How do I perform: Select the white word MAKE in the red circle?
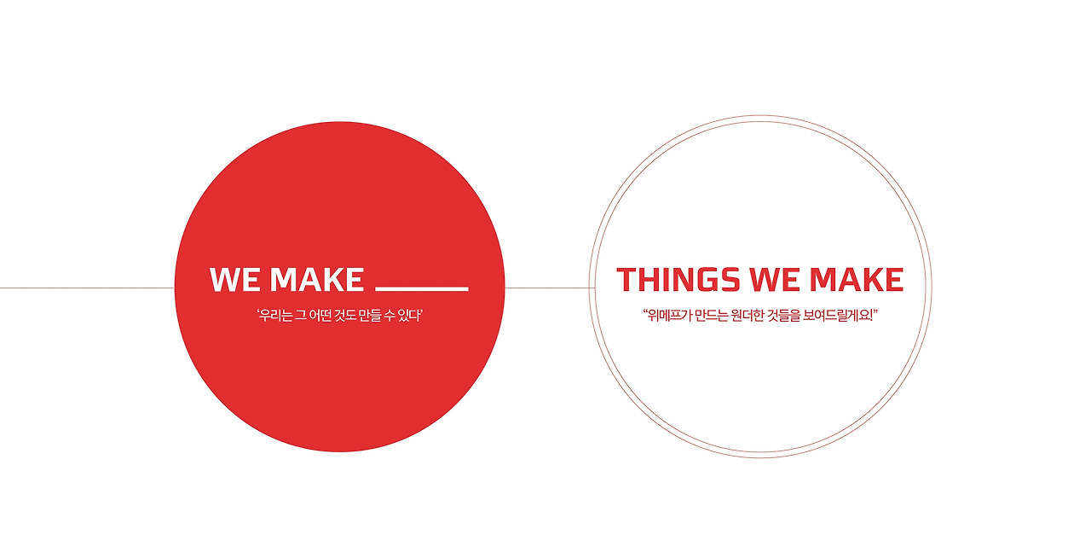(317, 280)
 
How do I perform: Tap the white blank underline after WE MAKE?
(422, 288)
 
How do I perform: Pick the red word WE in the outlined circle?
(774, 280)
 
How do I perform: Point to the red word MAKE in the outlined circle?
(856, 280)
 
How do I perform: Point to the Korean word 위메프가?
(667, 316)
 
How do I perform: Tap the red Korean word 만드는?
(708, 316)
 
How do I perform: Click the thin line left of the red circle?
(85, 288)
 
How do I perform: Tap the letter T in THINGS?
(626, 280)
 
